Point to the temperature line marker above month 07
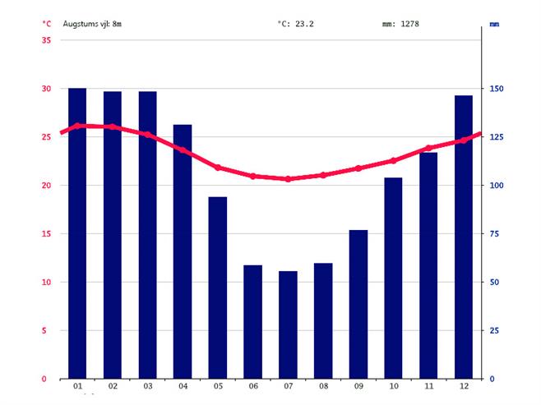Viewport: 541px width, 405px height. pos(288,178)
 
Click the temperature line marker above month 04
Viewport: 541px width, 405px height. pos(183,149)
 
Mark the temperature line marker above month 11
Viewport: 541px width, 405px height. pos(428,148)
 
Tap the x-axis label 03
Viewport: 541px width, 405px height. pos(147,385)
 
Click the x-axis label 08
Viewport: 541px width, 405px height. pos(323,385)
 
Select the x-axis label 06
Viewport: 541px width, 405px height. pos(252,385)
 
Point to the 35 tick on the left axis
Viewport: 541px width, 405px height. pos(46,40)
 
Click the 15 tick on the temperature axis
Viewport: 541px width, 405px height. pos(46,234)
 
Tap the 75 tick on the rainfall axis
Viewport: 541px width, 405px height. pos(496,234)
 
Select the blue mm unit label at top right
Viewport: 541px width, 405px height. pos(494,24)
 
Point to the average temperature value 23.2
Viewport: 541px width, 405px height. pos(305,24)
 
